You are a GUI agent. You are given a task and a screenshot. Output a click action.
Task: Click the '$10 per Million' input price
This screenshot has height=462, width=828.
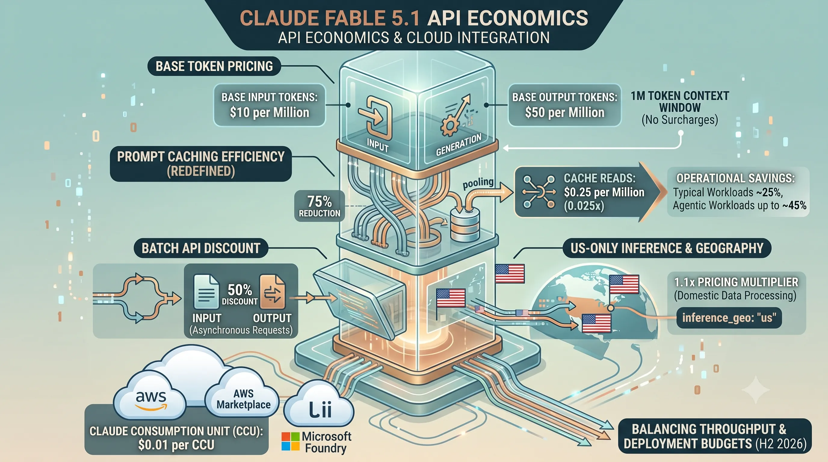(269, 112)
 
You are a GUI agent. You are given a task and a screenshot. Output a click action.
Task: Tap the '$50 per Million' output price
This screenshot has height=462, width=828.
(565, 112)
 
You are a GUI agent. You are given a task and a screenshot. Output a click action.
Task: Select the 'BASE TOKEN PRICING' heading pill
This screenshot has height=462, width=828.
(214, 66)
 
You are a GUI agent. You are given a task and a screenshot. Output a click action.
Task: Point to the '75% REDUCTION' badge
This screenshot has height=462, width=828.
(320, 206)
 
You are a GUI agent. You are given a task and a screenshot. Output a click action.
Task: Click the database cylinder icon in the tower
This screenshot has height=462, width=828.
(465, 224)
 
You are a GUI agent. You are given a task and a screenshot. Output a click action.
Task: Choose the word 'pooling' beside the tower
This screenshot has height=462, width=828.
(478, 183)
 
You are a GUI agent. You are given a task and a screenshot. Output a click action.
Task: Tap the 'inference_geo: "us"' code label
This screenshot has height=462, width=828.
(729, 318)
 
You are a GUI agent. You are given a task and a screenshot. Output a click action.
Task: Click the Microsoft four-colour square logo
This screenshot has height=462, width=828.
(290, 442)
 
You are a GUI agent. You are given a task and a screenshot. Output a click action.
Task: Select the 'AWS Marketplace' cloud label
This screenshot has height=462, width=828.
(243, 399)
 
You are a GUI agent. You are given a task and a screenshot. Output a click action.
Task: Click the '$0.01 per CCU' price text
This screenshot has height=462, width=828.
(176, 445)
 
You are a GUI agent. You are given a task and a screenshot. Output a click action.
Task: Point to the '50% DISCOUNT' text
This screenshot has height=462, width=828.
(240, 294)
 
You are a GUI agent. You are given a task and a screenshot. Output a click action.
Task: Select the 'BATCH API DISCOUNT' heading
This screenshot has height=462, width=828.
(201, 248)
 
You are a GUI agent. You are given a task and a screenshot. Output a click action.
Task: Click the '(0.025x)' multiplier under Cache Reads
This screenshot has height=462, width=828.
(584, 206)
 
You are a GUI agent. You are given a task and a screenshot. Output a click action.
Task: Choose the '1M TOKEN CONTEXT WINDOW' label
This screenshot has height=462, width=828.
(680, 102)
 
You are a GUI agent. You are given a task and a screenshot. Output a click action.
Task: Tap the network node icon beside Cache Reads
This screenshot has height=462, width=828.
(539, 192)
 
